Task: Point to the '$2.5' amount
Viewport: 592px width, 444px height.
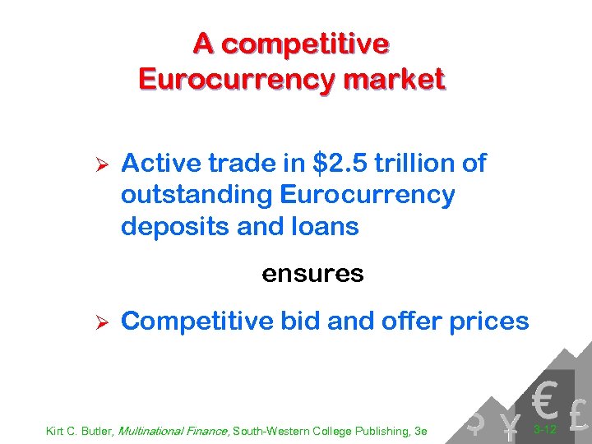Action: point(341,164)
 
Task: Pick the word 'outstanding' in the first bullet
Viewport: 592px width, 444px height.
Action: point(197,196)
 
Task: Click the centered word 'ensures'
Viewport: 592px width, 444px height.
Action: point(312,274)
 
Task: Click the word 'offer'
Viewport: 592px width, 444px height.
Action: point(409,321)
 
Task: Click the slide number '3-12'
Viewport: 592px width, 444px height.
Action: point(545,428)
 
